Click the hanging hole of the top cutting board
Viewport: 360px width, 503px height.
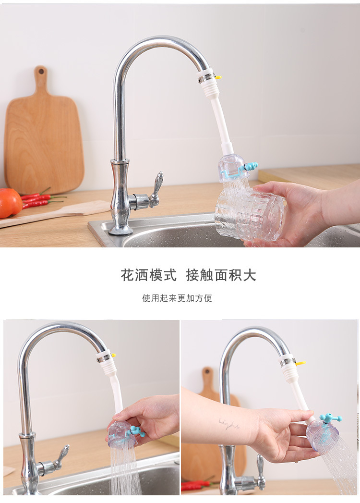click(x=41, y=72)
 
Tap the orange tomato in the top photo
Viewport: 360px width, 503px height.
click(x=10, y=203)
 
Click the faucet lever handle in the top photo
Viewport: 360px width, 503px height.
click(x=156, y=189)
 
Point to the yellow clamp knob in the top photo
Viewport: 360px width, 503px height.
click(x=218, y=77)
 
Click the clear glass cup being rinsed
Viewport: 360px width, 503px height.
click(x=250, y=215)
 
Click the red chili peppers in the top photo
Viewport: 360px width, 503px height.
click(x=40, y=199)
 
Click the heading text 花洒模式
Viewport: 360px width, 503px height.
click(x=148, y=275)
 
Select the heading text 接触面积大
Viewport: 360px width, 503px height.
click(x=221, y=275)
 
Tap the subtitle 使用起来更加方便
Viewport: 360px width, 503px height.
click(x=177, y=298)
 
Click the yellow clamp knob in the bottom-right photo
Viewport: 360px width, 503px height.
click(x=300, y=364)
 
